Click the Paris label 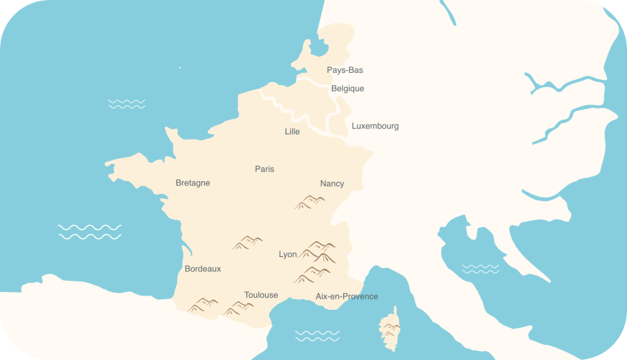(x=265, y=169)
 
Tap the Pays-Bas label (x=345, y=70)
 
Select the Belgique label (x=347, y=89)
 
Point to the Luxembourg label (x=375, y=126)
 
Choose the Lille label (x=292, y=132)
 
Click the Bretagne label (x=192, y=183)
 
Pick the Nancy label (x=332, y=184)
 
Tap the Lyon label (x=287, y=255)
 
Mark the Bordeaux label (x=203, y=269)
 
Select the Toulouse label (x=261, y=295)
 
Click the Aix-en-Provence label (x=347, y=296)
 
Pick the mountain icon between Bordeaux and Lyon (x=247, y=242)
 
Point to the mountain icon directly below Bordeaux (x=203, y=304)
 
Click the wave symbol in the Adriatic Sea (x=480, y=269)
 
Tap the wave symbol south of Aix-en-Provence (x=317, y=336)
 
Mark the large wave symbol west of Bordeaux (x=89, y=231)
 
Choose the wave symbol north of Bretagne (x=127, y=103)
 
